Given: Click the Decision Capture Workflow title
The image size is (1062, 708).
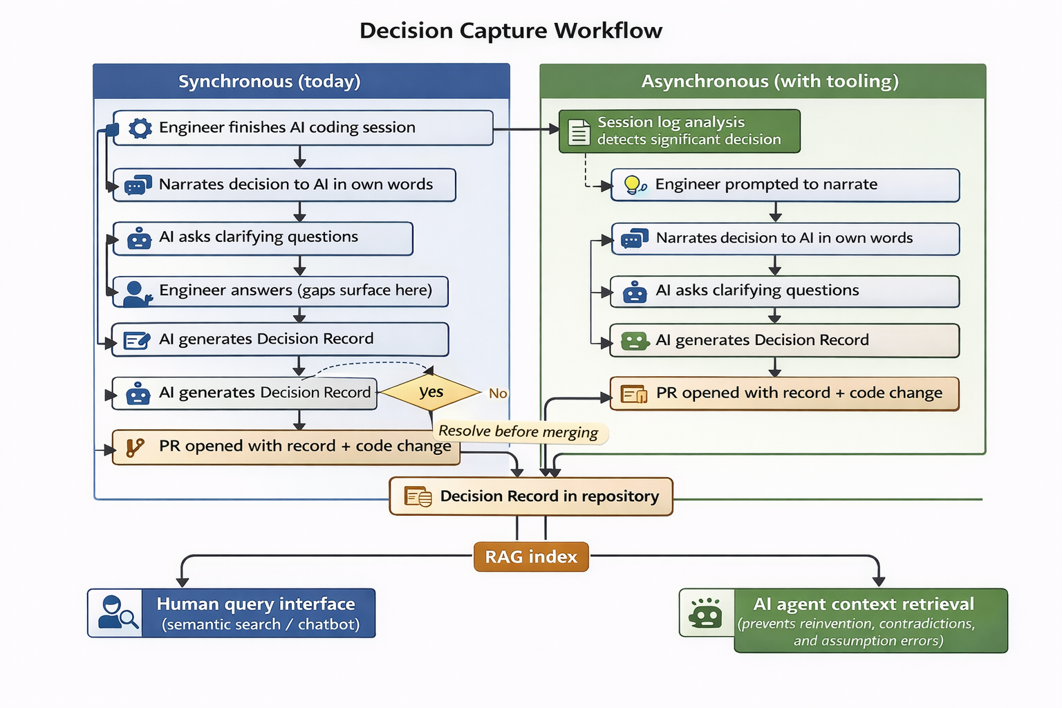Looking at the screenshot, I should (511, 31).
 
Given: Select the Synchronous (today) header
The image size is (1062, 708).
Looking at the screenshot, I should (270, 82).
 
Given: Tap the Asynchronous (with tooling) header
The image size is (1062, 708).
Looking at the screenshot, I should (770, 82).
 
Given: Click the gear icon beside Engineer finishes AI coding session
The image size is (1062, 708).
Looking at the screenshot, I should (140, 128).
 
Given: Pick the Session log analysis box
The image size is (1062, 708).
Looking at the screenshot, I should (679, 131).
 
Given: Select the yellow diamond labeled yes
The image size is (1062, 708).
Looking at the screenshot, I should (431, 392).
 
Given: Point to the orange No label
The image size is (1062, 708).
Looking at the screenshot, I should (498, 393).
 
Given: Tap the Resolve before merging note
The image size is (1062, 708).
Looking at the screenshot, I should (519, 432).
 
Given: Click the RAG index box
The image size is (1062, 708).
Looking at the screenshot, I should (531, 557).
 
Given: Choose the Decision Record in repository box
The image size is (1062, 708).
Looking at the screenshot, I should (531, 496).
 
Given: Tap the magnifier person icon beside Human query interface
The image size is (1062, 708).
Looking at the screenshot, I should (115, 613).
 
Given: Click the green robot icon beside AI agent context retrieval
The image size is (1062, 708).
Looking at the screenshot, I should (706, 613).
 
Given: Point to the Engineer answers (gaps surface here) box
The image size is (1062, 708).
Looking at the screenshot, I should (280, 291).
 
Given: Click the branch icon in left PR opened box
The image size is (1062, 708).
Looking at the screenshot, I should (135, 447).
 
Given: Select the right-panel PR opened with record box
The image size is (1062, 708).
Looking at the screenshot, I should (784, 393).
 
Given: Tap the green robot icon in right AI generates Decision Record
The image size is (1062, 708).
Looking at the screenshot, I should (634, 340).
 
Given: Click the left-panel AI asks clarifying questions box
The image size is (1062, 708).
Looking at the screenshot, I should (263, 238).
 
